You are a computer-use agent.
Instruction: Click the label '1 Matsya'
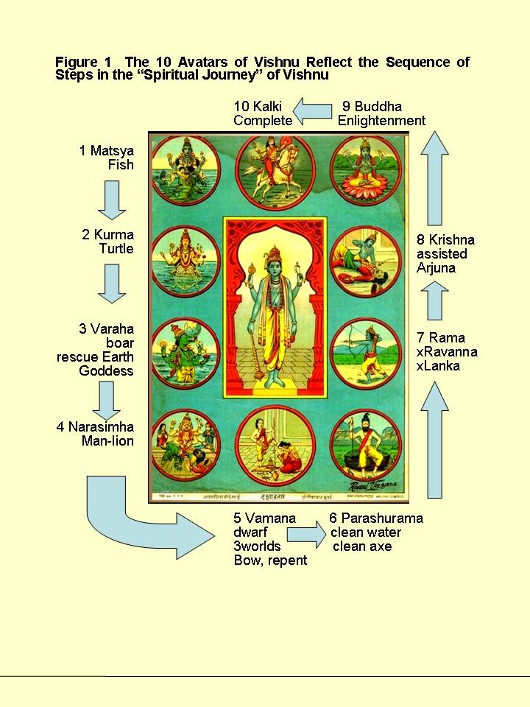107,151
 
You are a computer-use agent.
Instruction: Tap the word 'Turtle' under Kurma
116,249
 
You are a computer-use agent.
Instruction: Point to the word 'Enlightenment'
381,120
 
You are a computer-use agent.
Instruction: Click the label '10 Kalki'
258,107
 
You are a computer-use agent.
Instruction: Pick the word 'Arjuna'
436,268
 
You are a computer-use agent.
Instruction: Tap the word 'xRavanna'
447,352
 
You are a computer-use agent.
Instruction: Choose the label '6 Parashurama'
376,518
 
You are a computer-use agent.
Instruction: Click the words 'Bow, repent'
270,560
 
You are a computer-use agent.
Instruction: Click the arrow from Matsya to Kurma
113,200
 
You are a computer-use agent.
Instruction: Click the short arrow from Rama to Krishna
435,303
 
